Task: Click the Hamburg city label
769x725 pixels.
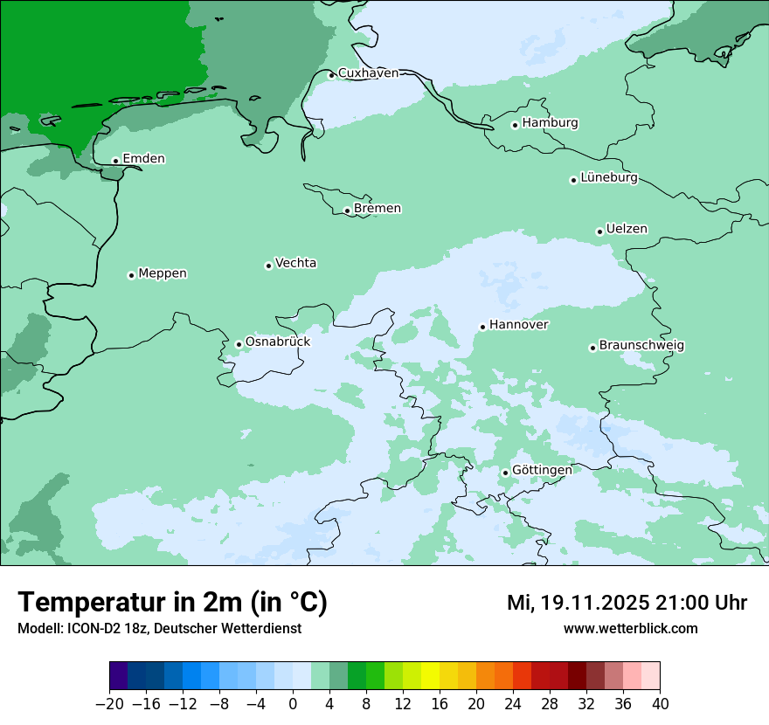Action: coord(550,123)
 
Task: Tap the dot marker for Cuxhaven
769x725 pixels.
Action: coord(331,75)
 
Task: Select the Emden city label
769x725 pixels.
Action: coord(143,159)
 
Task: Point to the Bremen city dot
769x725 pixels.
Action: coord(347,211)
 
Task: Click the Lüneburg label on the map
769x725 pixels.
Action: coord(608,178)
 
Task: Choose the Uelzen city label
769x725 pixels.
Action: coord(627,230)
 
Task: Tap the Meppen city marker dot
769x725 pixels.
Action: coord(131,275)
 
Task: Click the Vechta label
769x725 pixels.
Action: coord(295,263)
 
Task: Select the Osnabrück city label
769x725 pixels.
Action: coord(277,342)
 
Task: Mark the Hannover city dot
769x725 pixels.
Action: coord(482,327)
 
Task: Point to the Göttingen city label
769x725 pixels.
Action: coord(542,471)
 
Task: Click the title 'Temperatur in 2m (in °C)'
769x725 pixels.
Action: coord(172,603)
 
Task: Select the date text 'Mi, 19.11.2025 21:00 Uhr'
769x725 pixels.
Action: coord(627,603)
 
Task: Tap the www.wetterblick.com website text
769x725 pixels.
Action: coord(630,628)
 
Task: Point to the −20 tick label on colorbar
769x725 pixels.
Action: coord(109,704)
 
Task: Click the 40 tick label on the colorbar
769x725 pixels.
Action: coord(660,704)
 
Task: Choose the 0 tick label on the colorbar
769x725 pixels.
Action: coord(293,704)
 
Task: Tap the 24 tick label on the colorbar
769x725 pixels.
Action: coord(513,704)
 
